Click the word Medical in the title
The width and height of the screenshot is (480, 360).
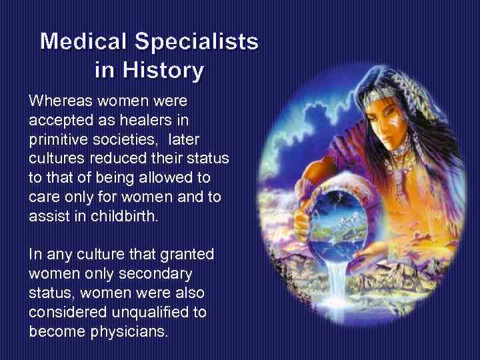click(84, 42)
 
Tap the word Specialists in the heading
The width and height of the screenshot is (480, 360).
click(197, 42)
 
